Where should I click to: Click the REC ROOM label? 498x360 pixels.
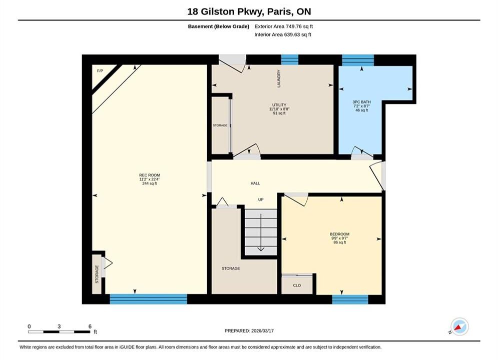pos(149,175)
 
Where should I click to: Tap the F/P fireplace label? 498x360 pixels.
pos(100,70)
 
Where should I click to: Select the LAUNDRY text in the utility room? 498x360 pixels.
pos(279,78)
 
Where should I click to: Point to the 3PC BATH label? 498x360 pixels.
pos(361,102)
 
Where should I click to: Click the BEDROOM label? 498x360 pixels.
pos(339,234)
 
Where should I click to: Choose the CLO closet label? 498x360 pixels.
pos(297,285)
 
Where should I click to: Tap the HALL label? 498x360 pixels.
pos(255,183)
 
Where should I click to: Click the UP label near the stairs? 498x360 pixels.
pos(261,199)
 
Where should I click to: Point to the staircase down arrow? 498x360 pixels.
pos(261,232)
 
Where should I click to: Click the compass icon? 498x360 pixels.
pos(459,326)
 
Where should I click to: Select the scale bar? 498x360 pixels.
pos(59,332)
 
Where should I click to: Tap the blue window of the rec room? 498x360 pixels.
pos(148,299)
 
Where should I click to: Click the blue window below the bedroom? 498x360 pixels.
pos(350,299)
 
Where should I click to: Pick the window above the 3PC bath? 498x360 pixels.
pos(358,60)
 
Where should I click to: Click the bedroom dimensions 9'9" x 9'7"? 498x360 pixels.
pos(339,238)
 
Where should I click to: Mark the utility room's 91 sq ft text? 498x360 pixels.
pos(279,113)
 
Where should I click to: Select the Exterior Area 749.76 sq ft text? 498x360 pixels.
pos(284,26)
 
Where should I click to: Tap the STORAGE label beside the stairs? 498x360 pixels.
pos(231,268)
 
